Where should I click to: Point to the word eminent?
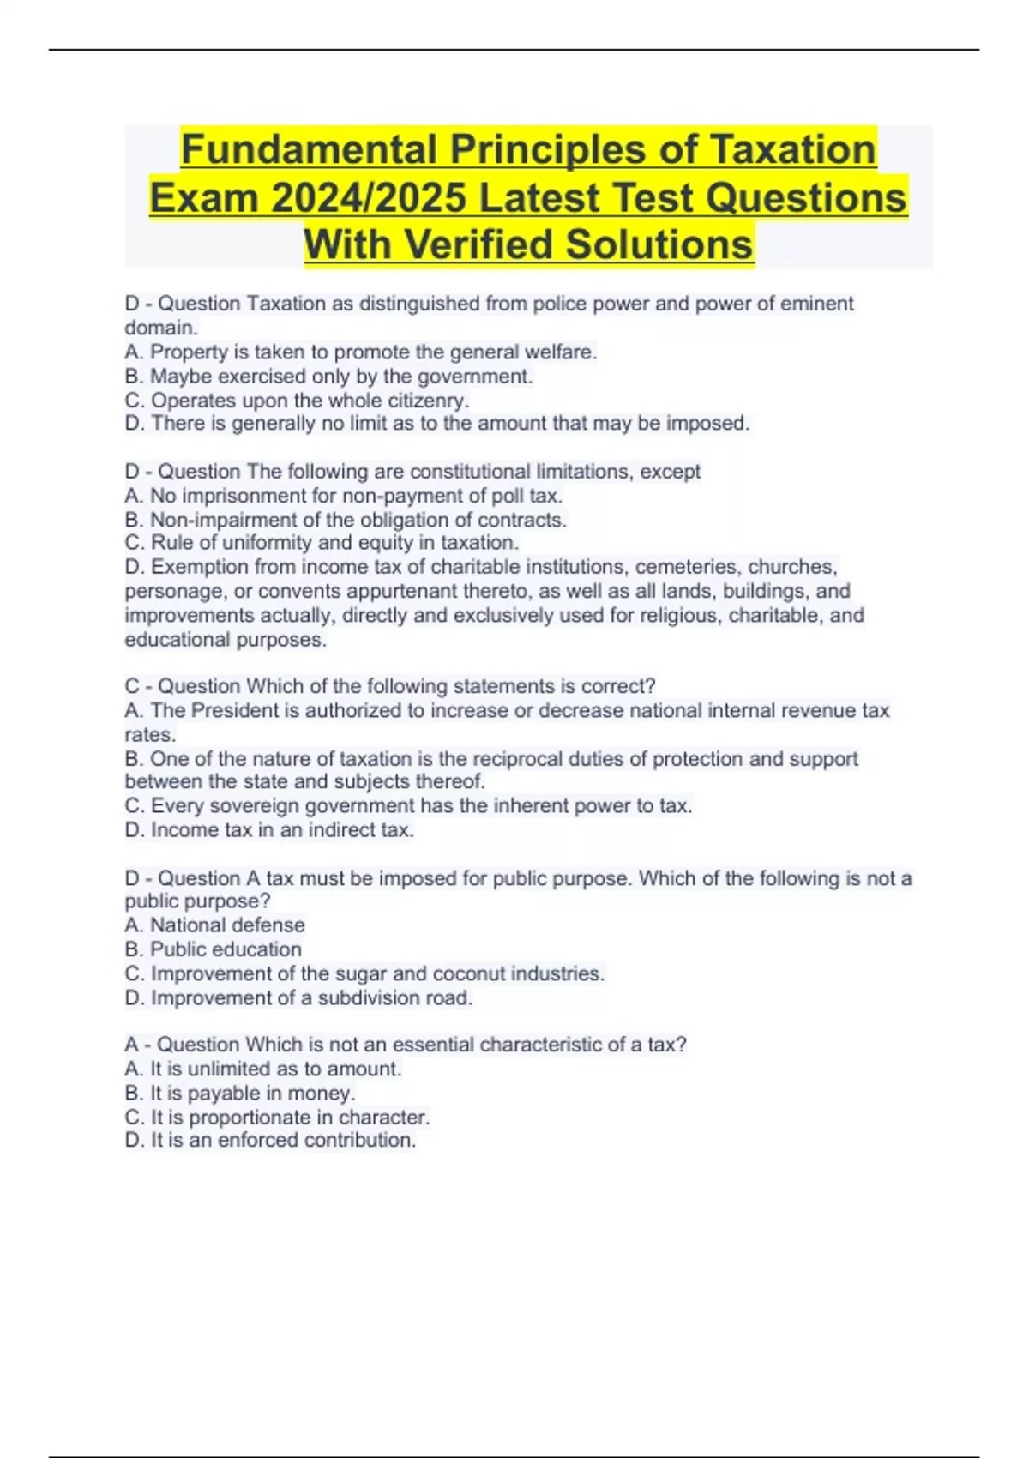[x=816, y=304]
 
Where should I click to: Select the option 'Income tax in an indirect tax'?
[x=269, y=830]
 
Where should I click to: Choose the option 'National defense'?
[x=215, y=925]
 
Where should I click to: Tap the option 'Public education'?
[x=214, y=949]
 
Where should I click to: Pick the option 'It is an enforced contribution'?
[x=270, y=1141]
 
